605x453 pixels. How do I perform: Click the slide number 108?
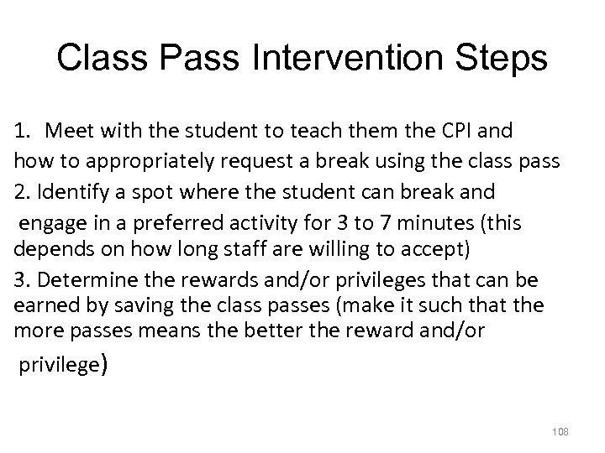pos(561,431)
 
